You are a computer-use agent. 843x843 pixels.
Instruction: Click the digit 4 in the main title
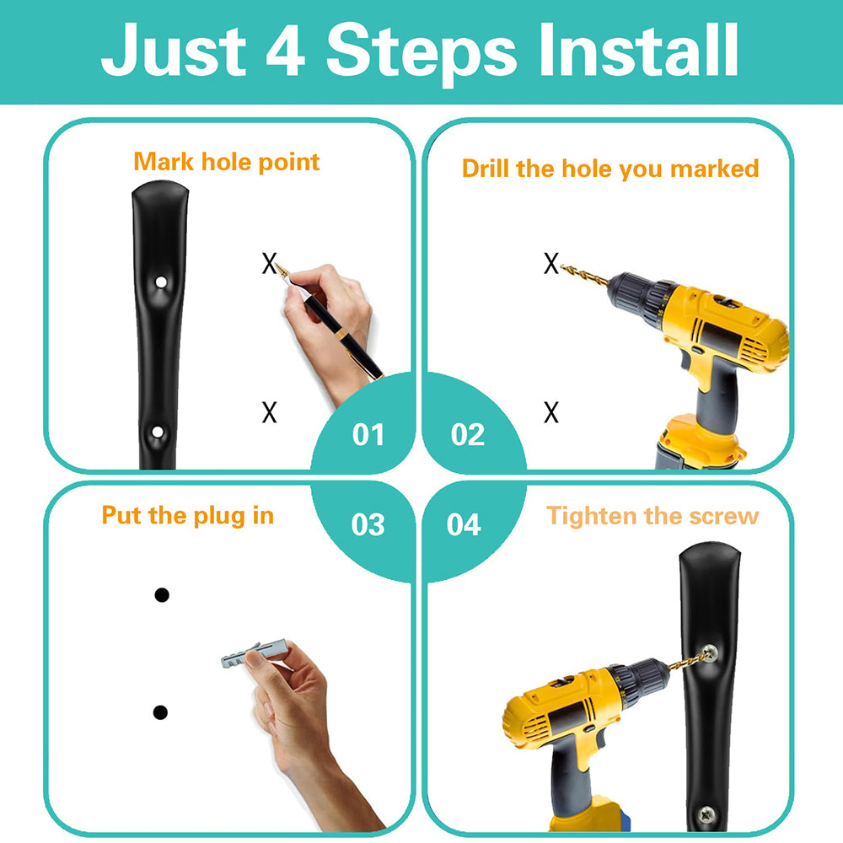pyautogui.click(x=286, y=50)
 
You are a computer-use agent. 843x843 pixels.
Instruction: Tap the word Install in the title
pyautogui.click(x=638, y=50)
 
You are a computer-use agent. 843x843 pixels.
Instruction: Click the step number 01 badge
pyautogui.click(x=368, y=434)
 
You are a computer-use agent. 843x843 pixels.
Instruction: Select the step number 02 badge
pyautogui.click(x=467, y=434)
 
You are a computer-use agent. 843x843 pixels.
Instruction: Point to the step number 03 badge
pyautogui.click(x=368, y=524)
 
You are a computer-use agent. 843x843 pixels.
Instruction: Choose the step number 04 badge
pyautogui.click(x=464, y=524)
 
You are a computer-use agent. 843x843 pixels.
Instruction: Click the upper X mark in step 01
pyautogui.click(x=270, y=263)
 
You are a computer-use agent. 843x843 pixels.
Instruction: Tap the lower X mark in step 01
pyautogui.click(x=270, y=412)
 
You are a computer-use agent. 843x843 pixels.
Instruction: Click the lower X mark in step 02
pyautogui.click(x=551, y=412)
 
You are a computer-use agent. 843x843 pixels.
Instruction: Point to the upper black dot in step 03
pyautogui.click(x=161, y=594)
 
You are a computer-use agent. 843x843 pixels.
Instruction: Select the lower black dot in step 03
pyautogui.click(x=160, y=712)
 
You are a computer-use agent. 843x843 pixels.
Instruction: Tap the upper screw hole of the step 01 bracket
pyautogui.click(x=161, y=282)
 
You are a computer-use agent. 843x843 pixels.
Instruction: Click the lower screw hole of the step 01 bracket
pyautogui.click(x=158, y=432)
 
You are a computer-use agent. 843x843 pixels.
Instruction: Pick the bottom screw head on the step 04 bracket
pyautogui.click(x=706, y=814)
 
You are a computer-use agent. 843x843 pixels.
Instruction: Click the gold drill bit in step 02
pyautogui.click(x=584, y=274)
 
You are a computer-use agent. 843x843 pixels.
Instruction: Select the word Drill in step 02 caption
pyautogui.click(x=486, y=169)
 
